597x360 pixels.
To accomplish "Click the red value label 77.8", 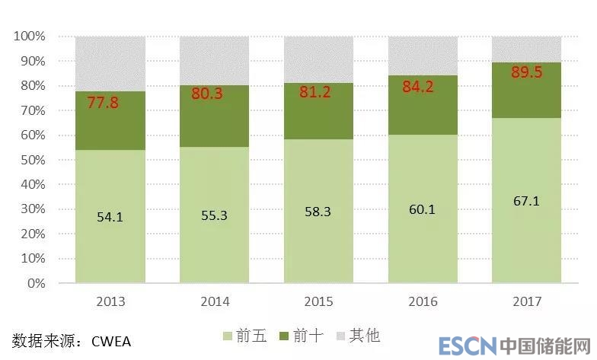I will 103,102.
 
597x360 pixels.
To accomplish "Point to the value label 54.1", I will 110,217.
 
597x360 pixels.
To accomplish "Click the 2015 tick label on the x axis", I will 318,302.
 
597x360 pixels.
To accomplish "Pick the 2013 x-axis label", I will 110,302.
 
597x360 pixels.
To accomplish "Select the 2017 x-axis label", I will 527,302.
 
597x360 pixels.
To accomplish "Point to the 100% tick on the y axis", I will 30,37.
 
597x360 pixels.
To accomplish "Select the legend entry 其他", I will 363,336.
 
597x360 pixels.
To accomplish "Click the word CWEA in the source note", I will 116,340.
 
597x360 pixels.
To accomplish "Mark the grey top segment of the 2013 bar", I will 110,64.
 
